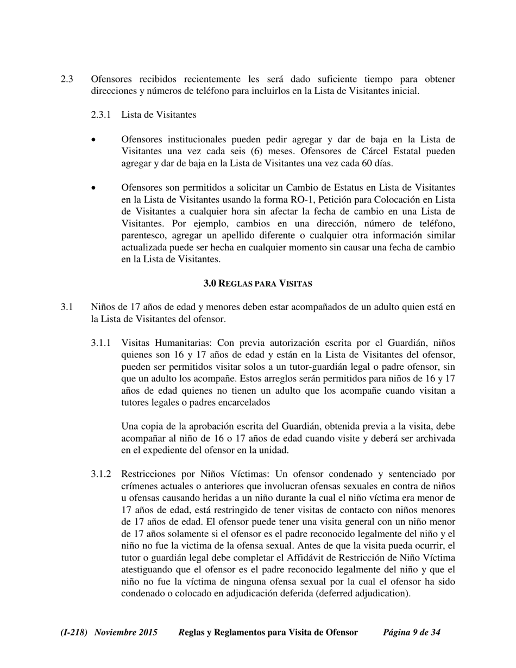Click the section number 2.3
[x=67, y=79]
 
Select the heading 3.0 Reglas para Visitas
[x=257, y=283]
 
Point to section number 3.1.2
[x=101, y=474]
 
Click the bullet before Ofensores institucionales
[x=94, y=140]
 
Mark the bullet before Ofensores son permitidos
[x=94, y=188]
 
